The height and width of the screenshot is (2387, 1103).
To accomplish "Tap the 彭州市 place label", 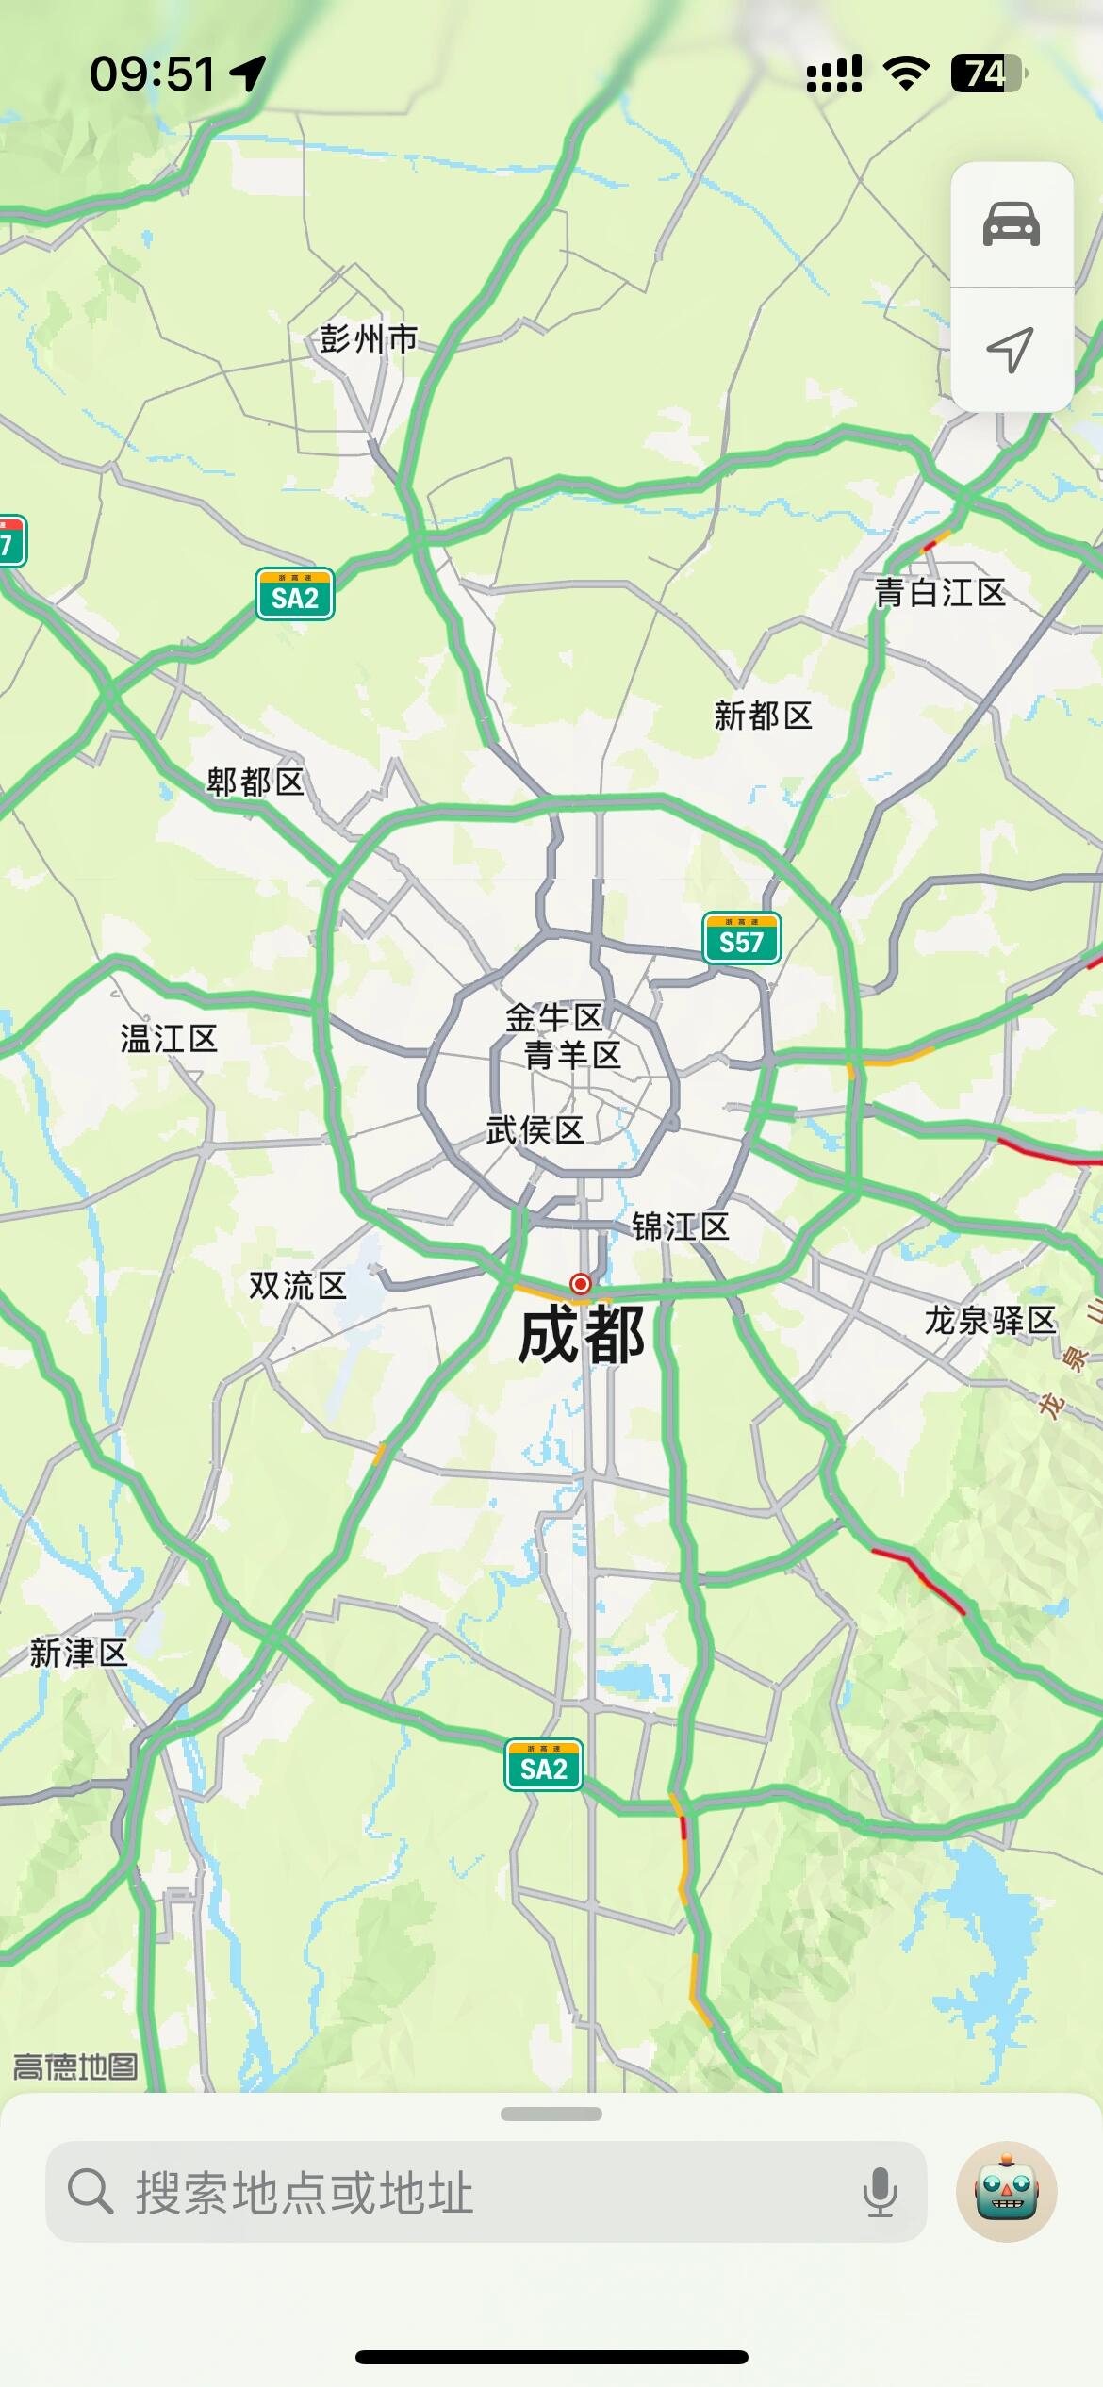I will pos(368,338).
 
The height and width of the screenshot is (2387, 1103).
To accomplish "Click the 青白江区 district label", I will pos(940,593).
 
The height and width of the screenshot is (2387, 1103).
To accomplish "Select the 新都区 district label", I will pos(763,716).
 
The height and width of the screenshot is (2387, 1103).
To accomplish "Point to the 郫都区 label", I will pos(255,782).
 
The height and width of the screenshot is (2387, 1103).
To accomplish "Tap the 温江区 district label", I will pos(169,1039).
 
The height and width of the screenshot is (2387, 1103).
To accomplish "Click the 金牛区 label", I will pos(553,1017).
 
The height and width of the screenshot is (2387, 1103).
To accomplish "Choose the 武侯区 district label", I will pos(535,1129).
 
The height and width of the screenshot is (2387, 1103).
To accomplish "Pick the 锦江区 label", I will pos(681,1226).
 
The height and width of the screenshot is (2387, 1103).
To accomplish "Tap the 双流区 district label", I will pos(297,1285).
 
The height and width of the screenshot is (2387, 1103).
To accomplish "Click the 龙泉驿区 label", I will pos(990,1321).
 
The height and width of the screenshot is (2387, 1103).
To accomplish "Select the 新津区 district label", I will pos(78,1653).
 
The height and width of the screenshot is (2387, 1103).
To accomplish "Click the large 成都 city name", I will pos(582,1336).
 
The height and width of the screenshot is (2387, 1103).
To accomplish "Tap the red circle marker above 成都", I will pos(581,1284).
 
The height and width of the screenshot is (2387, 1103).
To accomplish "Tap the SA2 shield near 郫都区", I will pos(295,595).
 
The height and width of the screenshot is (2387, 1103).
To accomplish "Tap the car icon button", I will pos(1012,224).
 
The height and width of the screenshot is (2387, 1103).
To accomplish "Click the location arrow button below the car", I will pos(1011,350).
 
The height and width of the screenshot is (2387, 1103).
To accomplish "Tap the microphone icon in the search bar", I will pos(880,2191).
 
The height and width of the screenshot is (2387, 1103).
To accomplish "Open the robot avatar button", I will pos(1006,2191).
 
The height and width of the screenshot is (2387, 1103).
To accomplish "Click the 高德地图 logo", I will pos(75,2067).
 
